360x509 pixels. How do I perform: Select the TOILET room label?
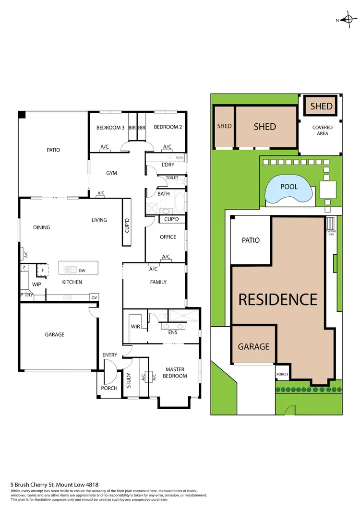172,178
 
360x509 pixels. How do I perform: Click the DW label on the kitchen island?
82,271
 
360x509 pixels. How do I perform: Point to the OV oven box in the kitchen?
94,297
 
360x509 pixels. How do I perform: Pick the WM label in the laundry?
179,158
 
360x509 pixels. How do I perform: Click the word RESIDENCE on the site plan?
278,300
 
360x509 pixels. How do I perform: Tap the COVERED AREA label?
323,130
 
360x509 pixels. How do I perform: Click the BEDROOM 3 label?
110,128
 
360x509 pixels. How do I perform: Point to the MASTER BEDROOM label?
176,373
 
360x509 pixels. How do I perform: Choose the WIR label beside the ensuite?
135,327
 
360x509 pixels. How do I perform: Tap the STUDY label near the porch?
129,380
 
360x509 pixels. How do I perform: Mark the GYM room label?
112,173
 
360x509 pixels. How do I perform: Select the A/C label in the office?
166,257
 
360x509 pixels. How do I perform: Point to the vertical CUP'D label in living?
127,224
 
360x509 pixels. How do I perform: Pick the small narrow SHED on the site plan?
224,127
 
